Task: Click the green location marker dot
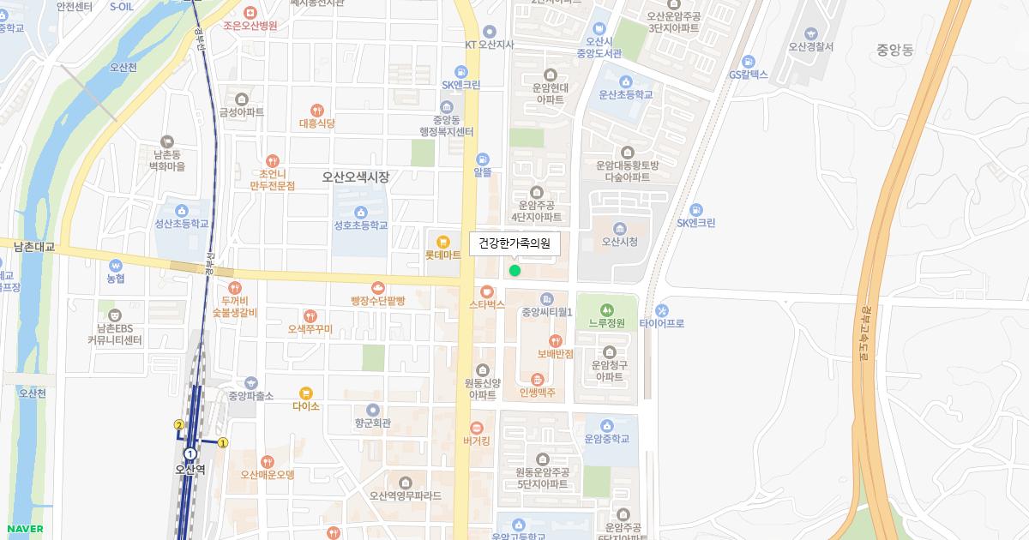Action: pos(514,271)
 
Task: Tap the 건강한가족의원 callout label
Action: pos(514,243)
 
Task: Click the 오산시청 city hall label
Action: pos(620,242)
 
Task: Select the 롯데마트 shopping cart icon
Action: pos(443,242)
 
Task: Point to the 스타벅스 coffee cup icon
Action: pos(487,291)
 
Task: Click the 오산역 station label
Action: pos(190,469)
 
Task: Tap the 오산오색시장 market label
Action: pos(356,177)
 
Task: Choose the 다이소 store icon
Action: pos(306,393)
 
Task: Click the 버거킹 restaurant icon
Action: pos(476,428)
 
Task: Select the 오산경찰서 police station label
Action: pos(810,47)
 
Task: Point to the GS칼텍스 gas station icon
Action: pos(748,61)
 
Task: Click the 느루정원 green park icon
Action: pos(607,309)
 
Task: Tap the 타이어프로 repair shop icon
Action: pos(661,310)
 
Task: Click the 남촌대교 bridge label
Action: pos(34,247)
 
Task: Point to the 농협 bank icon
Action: pos(115,264)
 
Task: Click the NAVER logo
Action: pos(24,529)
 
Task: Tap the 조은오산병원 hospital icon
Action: pos(250,12)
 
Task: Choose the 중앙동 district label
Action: pos(895,51)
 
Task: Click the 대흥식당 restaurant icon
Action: pos(316,110)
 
